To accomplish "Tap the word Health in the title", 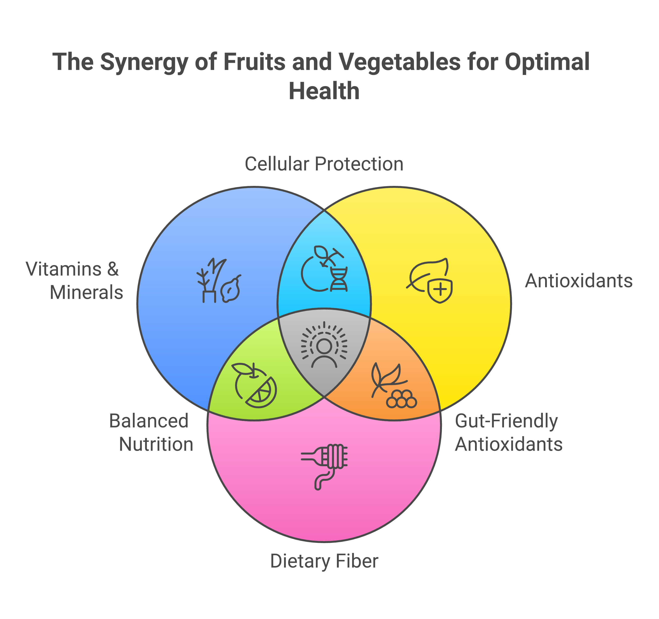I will tap(324, 91).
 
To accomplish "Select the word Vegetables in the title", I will tap(399, 62).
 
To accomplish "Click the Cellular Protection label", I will tap(324, 164).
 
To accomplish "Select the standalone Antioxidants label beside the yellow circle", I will tap(579, 281).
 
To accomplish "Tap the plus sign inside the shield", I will tap(440, 290).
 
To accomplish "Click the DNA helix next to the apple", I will tap(339, 279).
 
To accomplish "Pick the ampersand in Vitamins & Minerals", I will tap(113, 269).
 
